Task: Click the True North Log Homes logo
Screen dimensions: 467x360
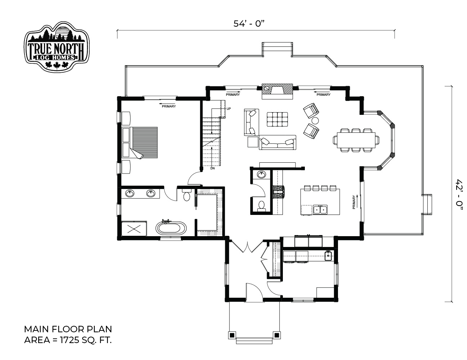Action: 57,46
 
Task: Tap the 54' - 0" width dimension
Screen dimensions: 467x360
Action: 248,24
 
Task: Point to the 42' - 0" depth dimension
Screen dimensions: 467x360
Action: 459,195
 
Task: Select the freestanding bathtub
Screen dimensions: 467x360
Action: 171,228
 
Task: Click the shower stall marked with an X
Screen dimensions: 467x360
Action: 134,229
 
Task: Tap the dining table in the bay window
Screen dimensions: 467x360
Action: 356,140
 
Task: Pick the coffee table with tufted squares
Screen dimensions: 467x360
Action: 277,119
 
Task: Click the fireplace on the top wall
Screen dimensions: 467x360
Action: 277,91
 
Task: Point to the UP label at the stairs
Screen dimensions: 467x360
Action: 228,109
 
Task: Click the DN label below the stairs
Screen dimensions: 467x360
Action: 212,168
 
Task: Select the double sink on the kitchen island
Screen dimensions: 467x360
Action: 320,210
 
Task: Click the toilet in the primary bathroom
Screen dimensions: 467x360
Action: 187,195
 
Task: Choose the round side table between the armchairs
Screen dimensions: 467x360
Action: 315,121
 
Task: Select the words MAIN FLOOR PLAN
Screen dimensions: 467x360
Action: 68,329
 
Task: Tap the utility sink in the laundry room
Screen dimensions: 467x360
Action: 328,256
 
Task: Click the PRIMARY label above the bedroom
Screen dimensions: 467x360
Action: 169,106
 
